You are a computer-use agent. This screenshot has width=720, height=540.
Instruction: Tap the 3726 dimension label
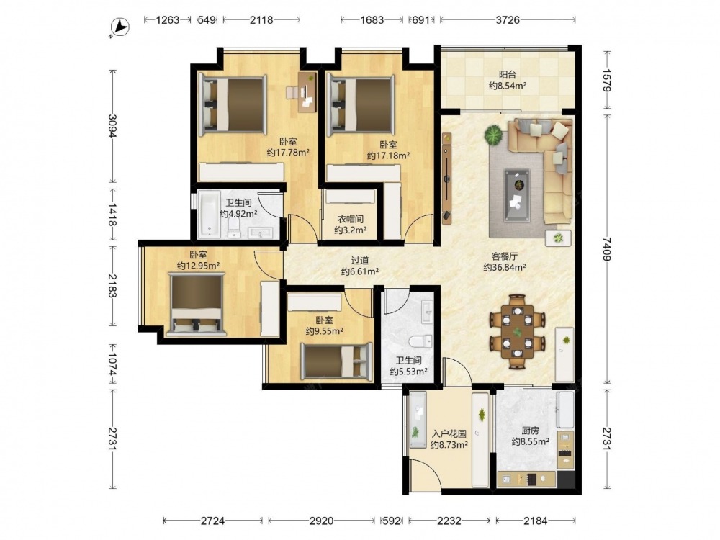(508, 19)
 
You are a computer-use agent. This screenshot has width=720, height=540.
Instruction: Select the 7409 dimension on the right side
(607, 248)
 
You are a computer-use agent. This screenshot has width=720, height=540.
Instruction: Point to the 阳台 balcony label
(508, 74)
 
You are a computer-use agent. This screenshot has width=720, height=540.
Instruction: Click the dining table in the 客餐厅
(518, 330)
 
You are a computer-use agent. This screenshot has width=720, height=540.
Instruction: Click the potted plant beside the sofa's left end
(493, 136)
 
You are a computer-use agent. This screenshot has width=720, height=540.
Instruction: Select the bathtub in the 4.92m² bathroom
(210, 215)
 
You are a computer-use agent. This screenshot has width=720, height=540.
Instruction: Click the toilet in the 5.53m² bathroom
(420, 341)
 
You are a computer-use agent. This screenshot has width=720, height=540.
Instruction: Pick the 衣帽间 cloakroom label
(351, 219)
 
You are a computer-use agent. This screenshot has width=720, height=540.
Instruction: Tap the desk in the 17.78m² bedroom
(307, 92)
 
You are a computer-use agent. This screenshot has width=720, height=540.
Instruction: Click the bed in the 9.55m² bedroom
(336, 361)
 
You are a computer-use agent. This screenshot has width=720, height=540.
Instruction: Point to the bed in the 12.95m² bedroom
(197, 304)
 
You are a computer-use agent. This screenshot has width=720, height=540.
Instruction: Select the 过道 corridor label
(360, 261)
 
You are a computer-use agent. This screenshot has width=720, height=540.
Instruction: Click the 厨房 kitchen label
(531, 431)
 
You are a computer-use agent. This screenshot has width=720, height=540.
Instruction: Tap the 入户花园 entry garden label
(449, 433)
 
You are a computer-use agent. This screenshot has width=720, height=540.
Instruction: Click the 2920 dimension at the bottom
(321, 521)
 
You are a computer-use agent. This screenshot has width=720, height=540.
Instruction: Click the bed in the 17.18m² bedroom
(361, 106)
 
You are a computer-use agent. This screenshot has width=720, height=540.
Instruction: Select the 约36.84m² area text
(505, 267)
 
